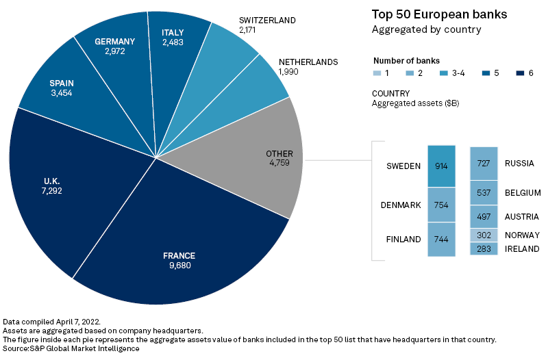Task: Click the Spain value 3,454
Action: tap(62, 92)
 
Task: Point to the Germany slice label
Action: tap(114, 41)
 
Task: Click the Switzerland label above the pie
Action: tap(267, 21)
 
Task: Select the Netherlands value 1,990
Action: tap(288, 72)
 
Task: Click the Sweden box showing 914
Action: tap(441, 166)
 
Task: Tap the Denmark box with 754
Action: tap(441, 205)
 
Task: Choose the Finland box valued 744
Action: tap(441, 240)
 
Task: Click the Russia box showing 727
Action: tap(484, 164)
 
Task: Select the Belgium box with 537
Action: tap(484, 192)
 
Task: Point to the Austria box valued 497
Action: tap(484, 216)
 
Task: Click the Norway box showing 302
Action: tap(484, 235)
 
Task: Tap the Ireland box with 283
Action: tap(484, 248)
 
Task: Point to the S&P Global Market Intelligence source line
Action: tap(71, 348)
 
